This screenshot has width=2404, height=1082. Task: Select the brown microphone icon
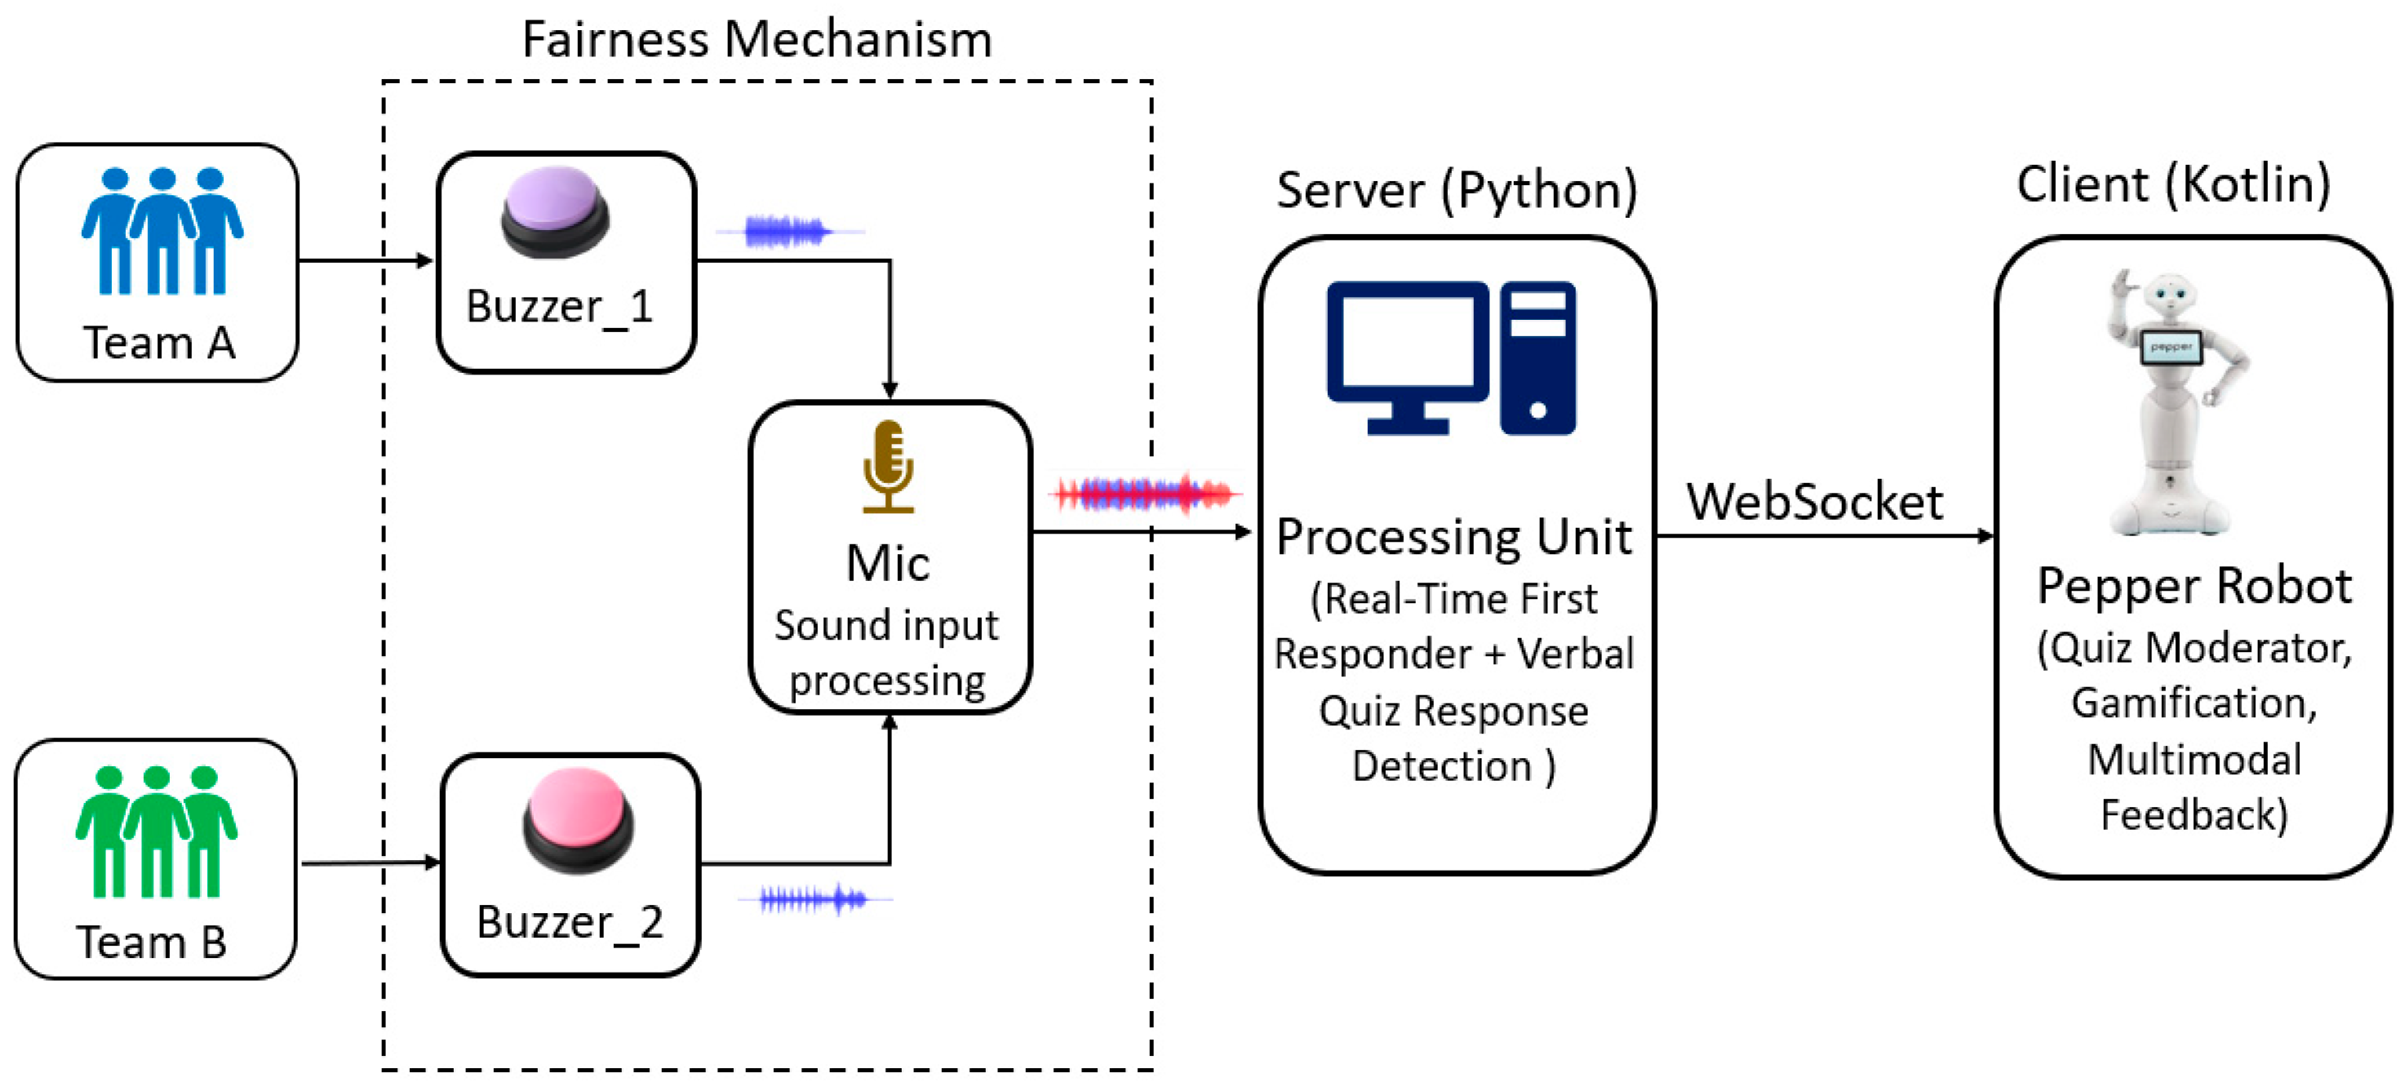888,466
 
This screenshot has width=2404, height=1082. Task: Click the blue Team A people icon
162,231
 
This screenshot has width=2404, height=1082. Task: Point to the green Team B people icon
156,830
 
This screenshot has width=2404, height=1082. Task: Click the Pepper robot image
2176,401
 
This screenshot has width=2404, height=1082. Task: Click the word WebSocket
1813,503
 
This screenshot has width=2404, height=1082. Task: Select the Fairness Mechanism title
756,40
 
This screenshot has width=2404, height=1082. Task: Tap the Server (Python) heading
1456,190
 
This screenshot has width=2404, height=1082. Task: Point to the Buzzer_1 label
559,307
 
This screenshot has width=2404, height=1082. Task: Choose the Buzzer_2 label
570,922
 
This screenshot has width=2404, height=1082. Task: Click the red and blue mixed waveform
1145,493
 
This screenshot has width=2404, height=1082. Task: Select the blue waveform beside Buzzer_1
788,231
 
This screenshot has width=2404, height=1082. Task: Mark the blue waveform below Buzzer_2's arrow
814,899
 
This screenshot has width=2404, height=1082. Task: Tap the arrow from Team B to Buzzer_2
370,862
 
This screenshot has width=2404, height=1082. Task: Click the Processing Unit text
1453,538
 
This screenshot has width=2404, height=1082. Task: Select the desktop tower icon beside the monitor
1537,357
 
